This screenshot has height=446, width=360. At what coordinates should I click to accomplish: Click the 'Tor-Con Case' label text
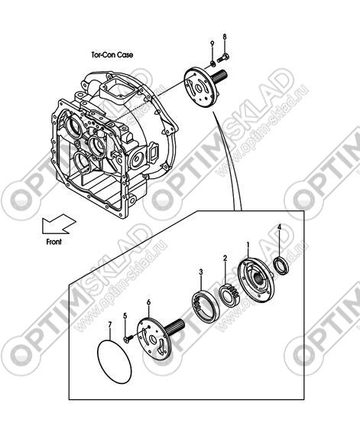pyautogui.click(x=112, y=54)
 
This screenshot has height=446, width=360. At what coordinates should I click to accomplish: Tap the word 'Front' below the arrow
pyautogui.click(x=54, y=242)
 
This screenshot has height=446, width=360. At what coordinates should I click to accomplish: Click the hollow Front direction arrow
pyautogui.click(x=59, y=224)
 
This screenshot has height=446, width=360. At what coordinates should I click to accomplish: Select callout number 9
pyautogui.click(x=212, y=44)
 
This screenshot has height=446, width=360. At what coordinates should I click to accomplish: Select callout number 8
pyautogui.click(x=225, y=37)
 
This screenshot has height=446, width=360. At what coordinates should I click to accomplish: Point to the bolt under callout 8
pyautogui.click(x=223, y=58)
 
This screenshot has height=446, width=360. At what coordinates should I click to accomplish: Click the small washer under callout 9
pyautogui.click(x=212, y=63)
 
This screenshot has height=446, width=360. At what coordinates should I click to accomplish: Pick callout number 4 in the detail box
pyautogui.click(x=279, y=226)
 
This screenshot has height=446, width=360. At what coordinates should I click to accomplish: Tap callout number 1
pyautogui.click(x=248, y=245)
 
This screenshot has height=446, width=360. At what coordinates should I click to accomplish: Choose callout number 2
pyautogui.click(x=225, y=258)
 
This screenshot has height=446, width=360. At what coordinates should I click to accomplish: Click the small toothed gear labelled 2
pyautogui.click(x=230, y=296)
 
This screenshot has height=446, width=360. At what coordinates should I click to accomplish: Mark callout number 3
pyautogui.click(x=201, y=272)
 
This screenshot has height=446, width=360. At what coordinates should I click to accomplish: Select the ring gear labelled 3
pyautogui.click(x=206, y=306)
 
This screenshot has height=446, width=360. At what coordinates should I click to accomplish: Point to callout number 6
pyautogui.click(x=148, y=302)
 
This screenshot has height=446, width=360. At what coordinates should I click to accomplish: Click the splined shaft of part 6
pyautogui.click(x=174, y=327)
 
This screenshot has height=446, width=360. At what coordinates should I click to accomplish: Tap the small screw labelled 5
pyautogui.click(x=128, y=338)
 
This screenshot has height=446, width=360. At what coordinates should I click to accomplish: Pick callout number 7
pyautogui.click(x=110, y=324)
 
